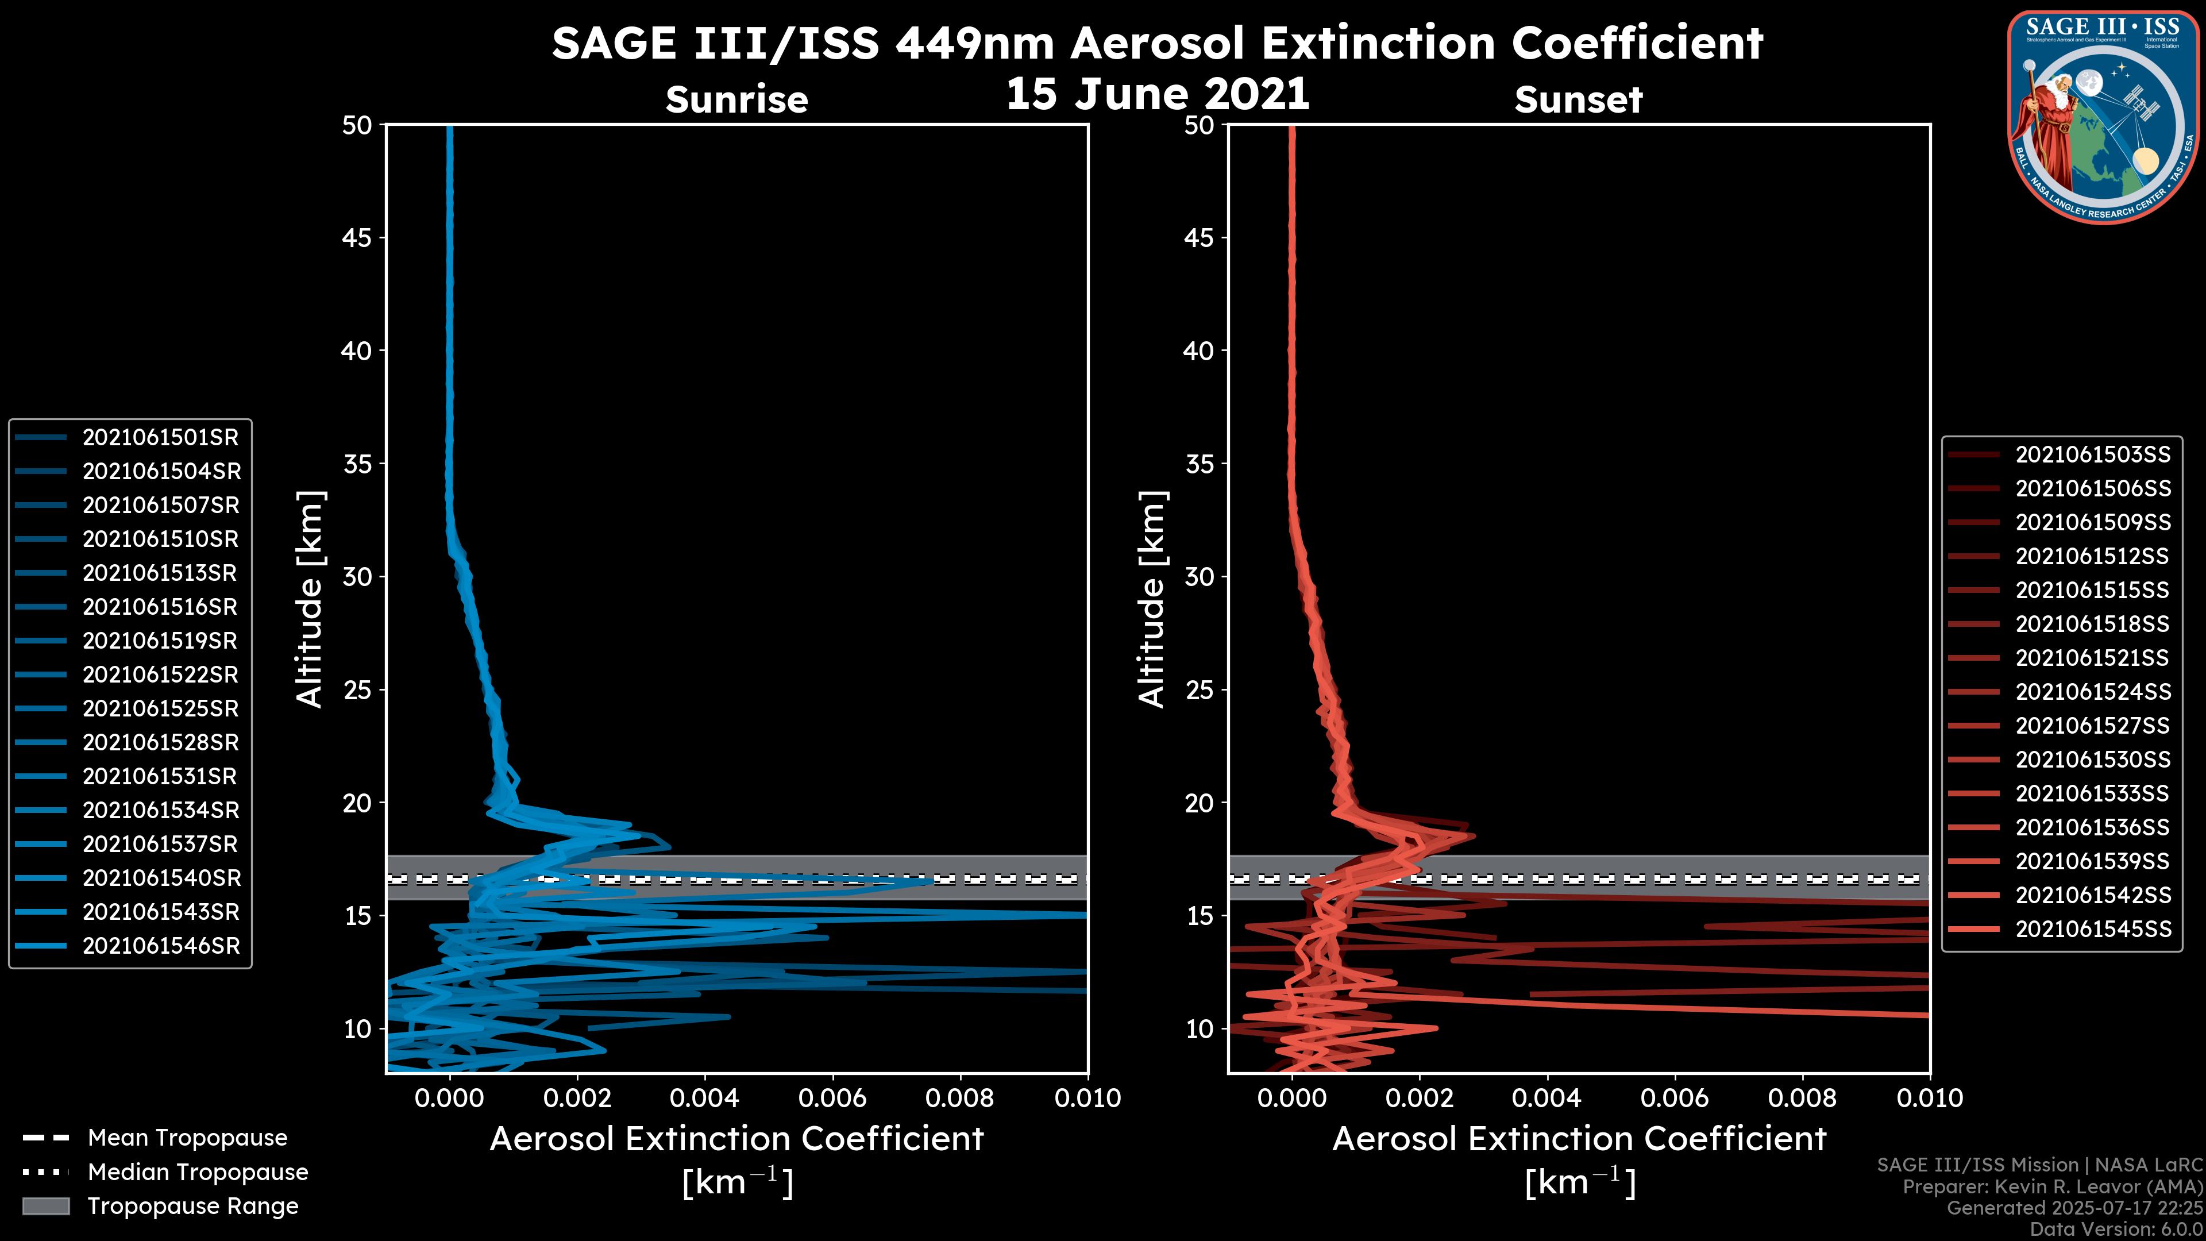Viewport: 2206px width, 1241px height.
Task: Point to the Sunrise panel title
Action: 736,100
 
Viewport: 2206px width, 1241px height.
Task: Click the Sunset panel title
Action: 1578,100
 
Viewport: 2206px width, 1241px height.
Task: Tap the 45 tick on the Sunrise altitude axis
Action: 357,238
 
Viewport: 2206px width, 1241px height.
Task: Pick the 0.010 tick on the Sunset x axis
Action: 1930,1098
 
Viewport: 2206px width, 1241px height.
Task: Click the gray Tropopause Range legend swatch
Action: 45,1206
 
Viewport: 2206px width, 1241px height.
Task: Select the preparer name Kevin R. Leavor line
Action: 2052,1187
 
